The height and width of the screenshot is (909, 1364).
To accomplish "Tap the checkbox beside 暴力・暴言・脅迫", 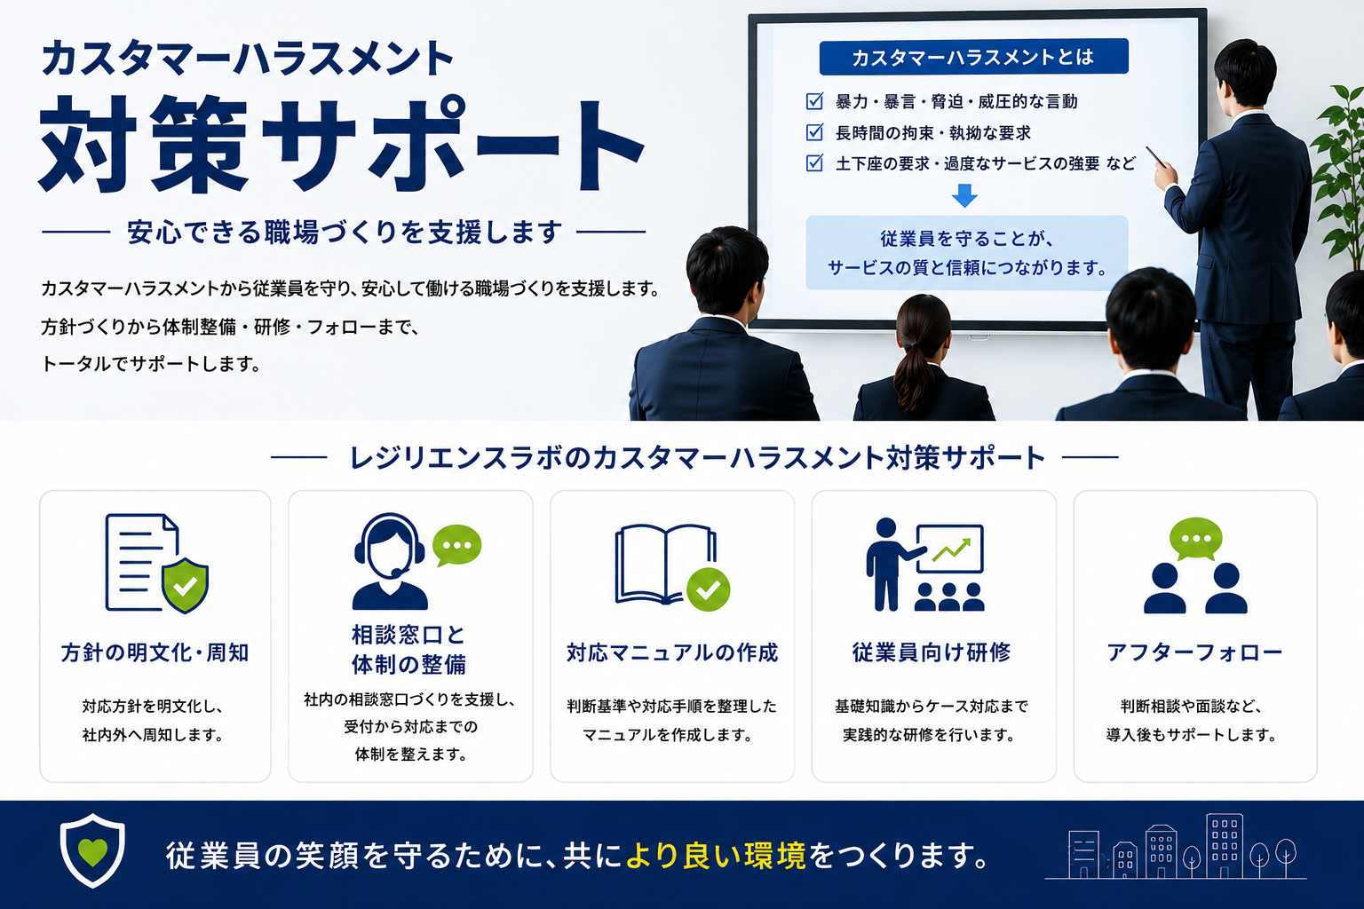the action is (x=814, y=101).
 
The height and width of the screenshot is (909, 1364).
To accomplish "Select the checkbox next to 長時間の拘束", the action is (x=814, y=132).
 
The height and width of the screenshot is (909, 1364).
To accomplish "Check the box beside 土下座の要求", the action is (x=814, y=163).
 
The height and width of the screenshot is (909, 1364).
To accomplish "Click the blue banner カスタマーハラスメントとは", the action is (x=973, y=57).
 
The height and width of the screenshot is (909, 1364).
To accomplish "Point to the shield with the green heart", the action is (x=92, y=850).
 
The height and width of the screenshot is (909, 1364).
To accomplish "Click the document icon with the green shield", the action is (x=156, y=563).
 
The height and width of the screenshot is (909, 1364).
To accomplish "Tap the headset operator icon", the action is (x=390, y=561).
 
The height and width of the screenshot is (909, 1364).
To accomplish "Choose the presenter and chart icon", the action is (x=925, y=565).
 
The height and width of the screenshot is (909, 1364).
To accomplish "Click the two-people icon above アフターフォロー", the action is (x=1195, y=565).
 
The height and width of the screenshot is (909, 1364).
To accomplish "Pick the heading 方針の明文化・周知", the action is (x=155, y=652).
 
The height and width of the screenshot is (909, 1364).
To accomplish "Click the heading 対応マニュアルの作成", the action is (x=672, y=652).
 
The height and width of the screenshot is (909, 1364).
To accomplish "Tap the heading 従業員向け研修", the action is (x=931, y=652).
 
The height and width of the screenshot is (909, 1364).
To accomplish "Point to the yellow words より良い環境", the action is (x=716, y=856).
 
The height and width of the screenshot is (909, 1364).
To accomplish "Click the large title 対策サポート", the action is (x=341, y=144).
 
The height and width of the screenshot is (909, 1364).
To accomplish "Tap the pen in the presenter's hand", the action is (x=1156, y=156).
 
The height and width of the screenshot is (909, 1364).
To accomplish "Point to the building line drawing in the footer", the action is (x=1175, y=847).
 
